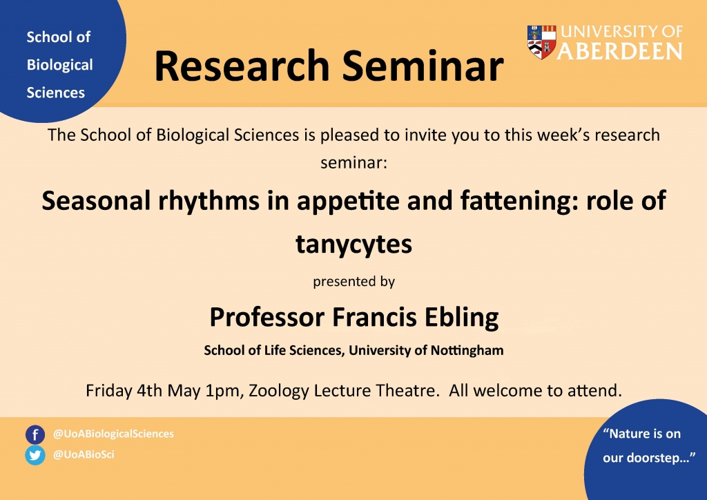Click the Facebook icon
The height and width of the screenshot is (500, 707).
coord(35,434)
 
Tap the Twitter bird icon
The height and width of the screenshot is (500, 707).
coord(35,455)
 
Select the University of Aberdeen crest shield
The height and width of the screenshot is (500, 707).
coord(541,42)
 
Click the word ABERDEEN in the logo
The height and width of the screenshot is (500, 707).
coord(620,51)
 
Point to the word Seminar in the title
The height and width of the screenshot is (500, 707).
coord(423,66)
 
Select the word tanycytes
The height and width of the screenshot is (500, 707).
coord(354,244)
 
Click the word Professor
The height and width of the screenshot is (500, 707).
coord(267,318)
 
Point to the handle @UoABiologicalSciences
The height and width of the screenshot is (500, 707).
coord(113,434)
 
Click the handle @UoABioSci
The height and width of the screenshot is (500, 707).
coord(84,454)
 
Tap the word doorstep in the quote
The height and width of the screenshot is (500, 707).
coord(652,458)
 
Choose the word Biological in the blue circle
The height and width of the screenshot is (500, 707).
coord(59,65)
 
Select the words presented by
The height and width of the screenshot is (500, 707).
coord(354,282)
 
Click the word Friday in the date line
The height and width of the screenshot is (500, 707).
coord(108,391)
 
